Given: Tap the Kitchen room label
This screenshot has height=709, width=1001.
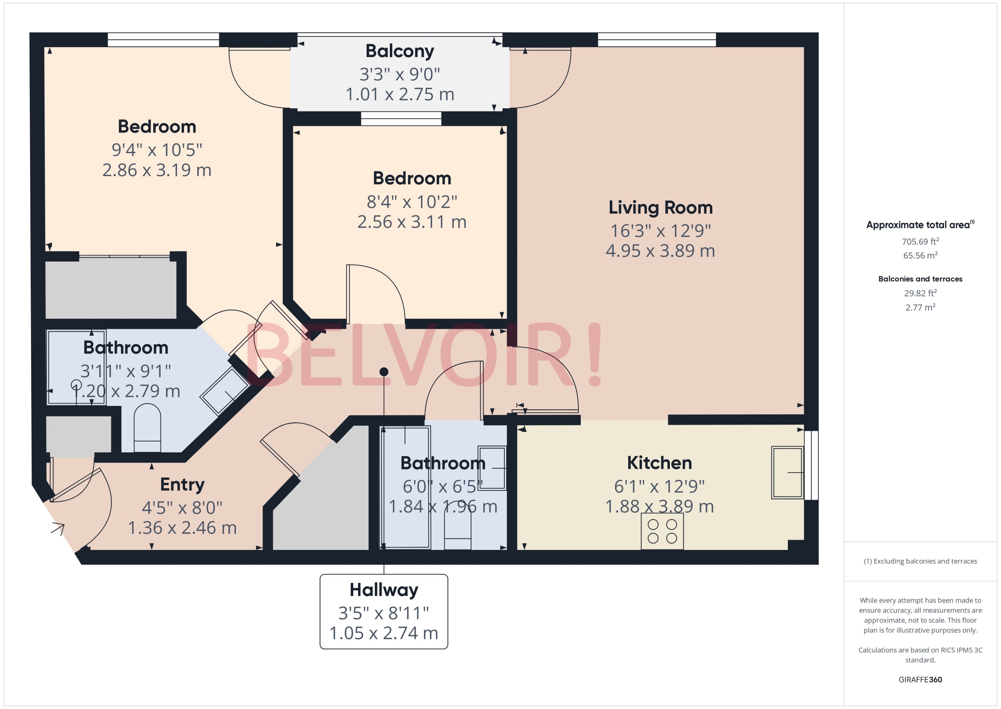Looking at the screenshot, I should (659, 463).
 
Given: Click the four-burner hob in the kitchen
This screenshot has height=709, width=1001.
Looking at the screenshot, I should (662, 531).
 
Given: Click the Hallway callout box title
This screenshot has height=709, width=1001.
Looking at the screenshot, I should (384, 590).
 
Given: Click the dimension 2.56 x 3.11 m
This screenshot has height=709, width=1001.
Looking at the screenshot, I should (412, 222).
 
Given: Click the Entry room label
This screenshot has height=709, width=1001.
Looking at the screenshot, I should (182, 485).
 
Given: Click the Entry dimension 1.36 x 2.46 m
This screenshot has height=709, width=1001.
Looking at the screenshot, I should (182, 528).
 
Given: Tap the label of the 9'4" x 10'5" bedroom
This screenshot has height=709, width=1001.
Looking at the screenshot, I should (157, 127).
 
